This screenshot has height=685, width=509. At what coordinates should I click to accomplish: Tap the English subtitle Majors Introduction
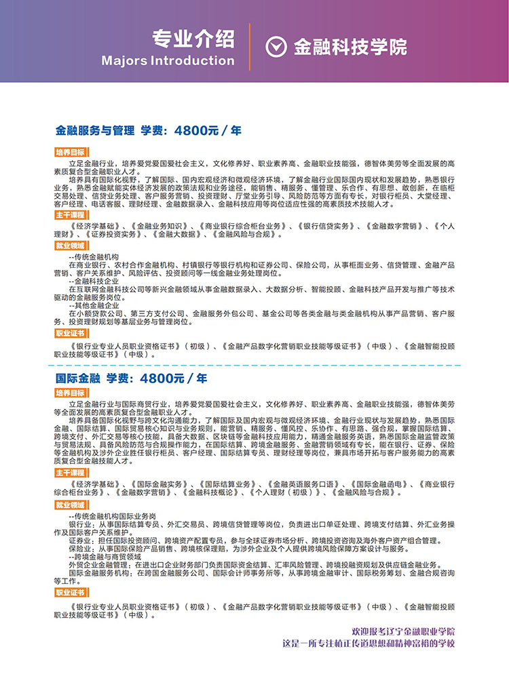click(x=168, y=60)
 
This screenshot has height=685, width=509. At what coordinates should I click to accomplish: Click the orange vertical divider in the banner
click(x=250, y=47)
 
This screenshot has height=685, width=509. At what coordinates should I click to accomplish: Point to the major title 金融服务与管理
click(x=95, y=130)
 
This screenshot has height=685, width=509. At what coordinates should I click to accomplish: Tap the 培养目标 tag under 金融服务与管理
click(x=70, y=153)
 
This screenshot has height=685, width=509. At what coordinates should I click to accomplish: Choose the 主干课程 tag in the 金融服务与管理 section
click(x=70, y=214)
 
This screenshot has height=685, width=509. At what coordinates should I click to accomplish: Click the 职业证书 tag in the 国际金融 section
click(x=70, y=592)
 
